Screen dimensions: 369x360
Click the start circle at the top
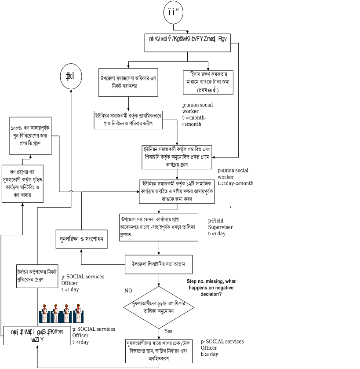click(173, 12)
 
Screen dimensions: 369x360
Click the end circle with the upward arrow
click(71, 77)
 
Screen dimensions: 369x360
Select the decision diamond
click(159, 307)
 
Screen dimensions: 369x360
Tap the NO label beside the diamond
click(128, 291)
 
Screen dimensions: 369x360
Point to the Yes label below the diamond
click(168, 331)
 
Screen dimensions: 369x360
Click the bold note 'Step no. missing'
click(211, 288)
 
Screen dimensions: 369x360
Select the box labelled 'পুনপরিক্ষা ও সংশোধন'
click(81, 239)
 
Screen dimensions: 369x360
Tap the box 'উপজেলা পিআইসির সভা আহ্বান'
click(158, 265)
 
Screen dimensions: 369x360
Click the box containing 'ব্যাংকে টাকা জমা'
click(208, 82)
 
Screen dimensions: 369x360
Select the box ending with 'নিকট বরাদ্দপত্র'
click(128, 82)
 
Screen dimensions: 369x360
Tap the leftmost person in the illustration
click(44, 313)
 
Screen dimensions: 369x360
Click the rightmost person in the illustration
click(78, 313)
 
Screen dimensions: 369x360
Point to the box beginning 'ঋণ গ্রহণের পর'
click(22, 183)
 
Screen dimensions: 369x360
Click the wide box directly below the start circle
click(187, 43)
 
